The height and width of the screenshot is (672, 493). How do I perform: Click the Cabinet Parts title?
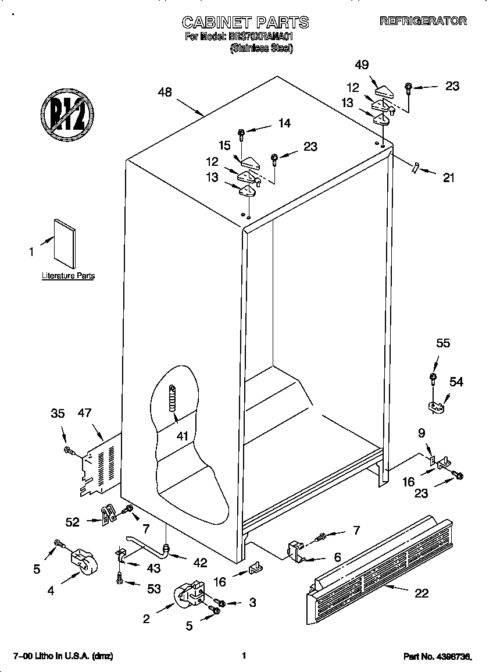click(x=245, y=22)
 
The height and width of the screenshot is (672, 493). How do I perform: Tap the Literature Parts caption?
click(x=68, y=276)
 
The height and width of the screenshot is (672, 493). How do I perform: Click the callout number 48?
click(x=165, y=92)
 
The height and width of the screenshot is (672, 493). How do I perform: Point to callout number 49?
click(x=362, y=65)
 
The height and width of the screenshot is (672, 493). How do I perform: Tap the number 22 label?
click(x=421, y=593)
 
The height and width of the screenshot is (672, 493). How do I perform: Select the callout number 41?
click(x=183, y=435)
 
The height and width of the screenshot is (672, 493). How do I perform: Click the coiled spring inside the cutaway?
click(x=172, y=399)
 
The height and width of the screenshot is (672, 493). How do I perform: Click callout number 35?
click(x=58, y=414)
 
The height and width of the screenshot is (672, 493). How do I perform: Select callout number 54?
click(x=456, y=381)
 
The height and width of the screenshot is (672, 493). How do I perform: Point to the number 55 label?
click(x=443, y=343)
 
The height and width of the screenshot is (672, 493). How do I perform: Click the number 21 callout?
click(x=448, y=178)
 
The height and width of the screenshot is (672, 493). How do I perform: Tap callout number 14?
click(x=284, y=123)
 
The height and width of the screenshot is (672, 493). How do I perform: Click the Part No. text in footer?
click(x=437, y=656)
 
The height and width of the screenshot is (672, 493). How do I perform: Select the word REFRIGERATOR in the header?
click(x=423, y=21)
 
